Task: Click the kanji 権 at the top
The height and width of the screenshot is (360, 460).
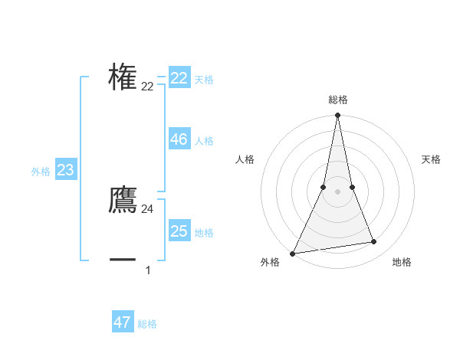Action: (x=123, y=77)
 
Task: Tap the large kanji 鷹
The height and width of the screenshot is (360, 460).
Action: (x=123, y=201)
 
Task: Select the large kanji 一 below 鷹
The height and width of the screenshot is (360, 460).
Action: (x=123, y=260)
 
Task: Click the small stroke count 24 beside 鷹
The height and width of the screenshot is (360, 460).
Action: (x=147, y=209)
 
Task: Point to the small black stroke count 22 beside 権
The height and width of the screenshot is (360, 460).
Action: (x=147, y=87)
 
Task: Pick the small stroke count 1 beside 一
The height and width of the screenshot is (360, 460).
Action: (x=147, y=270)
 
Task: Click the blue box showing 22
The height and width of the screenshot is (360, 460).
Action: (x=179, y=78)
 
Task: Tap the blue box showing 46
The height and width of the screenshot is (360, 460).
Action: (x=179, y=139)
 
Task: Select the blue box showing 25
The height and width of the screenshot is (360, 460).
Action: (x=179, y=231)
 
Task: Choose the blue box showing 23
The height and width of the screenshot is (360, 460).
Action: (x=65, y=170)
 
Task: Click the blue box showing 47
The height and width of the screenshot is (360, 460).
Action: (x=123, y=322)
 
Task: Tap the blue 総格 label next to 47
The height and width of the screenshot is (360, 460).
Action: (x=147, y=324)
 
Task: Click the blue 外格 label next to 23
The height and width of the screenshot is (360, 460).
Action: (x=41, y=172)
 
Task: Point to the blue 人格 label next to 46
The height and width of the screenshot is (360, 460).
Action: (x=204, y=141)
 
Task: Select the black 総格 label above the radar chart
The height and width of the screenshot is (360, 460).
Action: (x=337, y=100)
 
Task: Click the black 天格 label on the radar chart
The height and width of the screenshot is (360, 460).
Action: (x=431, y=159)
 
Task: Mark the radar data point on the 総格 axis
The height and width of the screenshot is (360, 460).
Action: (x=337, y=116)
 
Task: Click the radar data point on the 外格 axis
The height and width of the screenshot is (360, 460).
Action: (x=293, y=254)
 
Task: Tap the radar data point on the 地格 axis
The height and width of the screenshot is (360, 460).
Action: (x=374, y=242)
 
